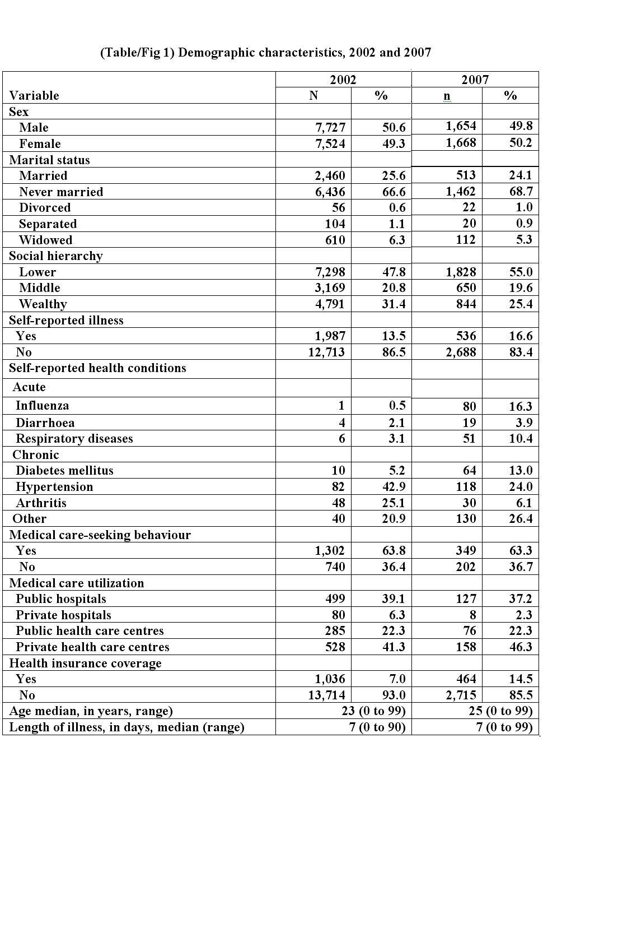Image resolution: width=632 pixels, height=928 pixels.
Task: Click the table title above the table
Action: (x=265, y=53)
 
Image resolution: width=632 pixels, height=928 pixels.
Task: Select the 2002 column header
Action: (x=343, y=80)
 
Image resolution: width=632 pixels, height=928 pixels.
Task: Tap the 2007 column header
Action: (x=475, y=80)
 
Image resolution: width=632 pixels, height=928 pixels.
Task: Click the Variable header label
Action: (x=34, y=95)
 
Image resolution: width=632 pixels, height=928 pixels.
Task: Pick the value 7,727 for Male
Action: (x=330, y=128)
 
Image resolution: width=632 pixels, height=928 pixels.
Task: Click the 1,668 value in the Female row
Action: (x=461, y=143)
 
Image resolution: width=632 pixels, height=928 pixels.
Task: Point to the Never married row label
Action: (x=61, y=192)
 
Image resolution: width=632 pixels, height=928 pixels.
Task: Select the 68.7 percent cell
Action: (x=521, y=192)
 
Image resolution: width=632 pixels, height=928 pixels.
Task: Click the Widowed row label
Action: (x=45, y=240)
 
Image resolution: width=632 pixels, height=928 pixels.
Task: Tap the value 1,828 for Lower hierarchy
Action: (x=461, y=272)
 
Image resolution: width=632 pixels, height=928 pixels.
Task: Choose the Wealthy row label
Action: (x=43, y=304)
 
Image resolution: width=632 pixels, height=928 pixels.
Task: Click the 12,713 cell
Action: (x=326, y=352)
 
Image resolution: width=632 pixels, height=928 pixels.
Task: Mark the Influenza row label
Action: (x=42, y=405)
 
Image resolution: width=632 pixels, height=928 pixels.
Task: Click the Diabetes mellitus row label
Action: (x=64, y=470)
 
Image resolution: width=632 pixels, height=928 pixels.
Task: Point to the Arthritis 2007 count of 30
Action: (x=469, y=503)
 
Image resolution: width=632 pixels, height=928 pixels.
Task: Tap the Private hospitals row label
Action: (x=63, y=615)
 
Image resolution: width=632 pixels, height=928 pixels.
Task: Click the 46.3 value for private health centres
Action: (x=521, y=647)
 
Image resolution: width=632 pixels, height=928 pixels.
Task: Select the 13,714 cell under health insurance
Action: (x=326, y=695)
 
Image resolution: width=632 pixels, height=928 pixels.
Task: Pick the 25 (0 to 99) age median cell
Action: (x=500, y=711)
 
